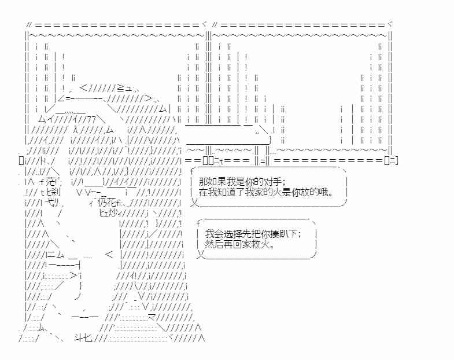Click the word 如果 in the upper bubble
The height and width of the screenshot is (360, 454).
[x=217, y=182]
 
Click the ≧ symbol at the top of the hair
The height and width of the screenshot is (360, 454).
[x=120, y=87]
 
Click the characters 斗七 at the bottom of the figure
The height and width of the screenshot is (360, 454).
[x=83, y=337]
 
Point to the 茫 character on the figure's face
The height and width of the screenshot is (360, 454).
[x=51, y=182]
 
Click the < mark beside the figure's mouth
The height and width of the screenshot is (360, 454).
[x=109, y=255]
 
